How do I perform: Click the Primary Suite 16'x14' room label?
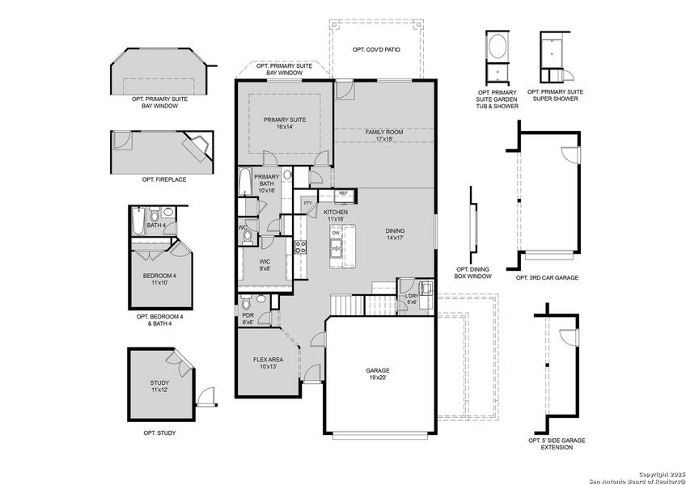click(x=285, y=124)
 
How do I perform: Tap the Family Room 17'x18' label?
click(x=383, y=135)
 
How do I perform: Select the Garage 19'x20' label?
click(x=378, y=374)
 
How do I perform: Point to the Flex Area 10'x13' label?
click(x=267, y=363)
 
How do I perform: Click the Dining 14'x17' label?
click(x=395, y=235)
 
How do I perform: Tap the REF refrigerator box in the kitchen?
click(x=343, y=194)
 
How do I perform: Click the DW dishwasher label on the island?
click(x=335, y=233)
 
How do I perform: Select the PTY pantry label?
click(x=307, y=203)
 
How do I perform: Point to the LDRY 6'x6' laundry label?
click(x=412, y=298)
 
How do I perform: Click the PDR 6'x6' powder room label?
click(x=248, y=318)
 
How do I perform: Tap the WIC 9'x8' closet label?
click(x=265, y=265)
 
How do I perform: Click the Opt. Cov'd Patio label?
click(x=376, y=50)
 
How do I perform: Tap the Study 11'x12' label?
click(x=159, y=386)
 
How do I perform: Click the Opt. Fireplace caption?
click(x=164, y=179)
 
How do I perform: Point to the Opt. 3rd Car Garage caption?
click(x=547, y=277)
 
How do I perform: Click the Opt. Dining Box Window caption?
click(x=473, y=273)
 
